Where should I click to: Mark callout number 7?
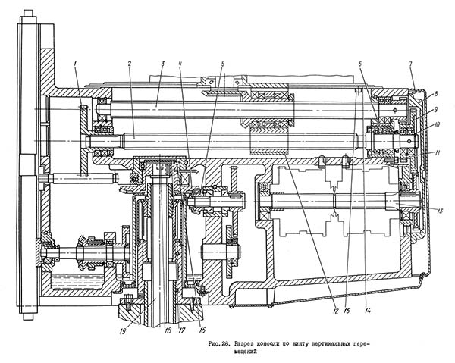coord(410,64)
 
